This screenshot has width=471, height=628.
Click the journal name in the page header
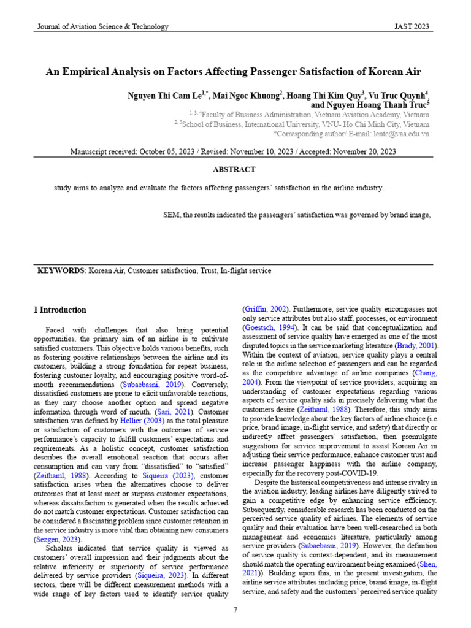[x=103, y=26]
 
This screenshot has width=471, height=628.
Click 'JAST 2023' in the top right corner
[x=412, y=26]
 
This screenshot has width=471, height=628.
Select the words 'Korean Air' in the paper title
[x=399, y=71]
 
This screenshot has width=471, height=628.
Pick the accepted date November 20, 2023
[x=359, y=151]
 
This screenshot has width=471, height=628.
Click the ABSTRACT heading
[x=234, y=170]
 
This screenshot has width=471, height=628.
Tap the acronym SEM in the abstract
[x=171, y=215]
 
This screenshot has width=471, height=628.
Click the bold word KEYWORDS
[x=61, y=270]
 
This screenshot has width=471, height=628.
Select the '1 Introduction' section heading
[x=59, y=310]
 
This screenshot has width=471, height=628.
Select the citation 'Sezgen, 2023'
[x=57, y=540]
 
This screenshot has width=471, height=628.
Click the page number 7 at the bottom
[x=235, y=610]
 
